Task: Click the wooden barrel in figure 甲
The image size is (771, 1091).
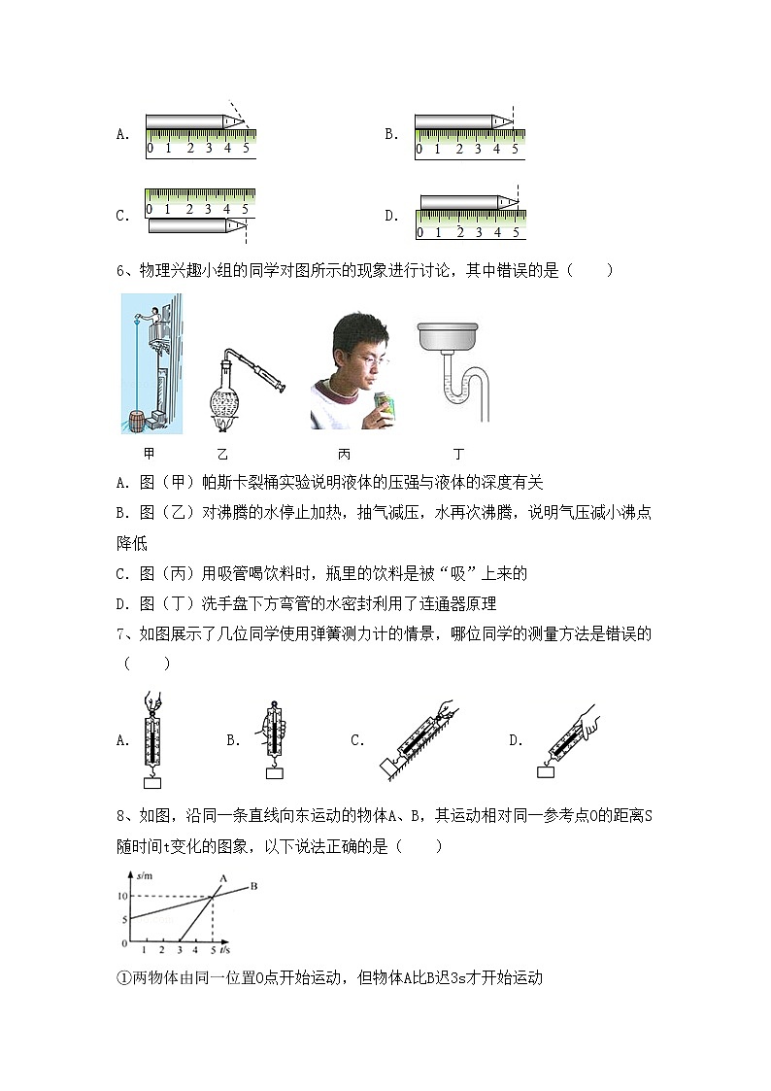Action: click(x=144, y=421)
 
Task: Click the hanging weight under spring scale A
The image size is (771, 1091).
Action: click(x=152, y=782)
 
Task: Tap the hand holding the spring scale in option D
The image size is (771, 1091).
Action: click(x=610, y=719)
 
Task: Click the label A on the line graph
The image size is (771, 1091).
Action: click(x=221, y=878)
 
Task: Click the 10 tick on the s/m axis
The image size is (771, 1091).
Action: click(x=122, y=896)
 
